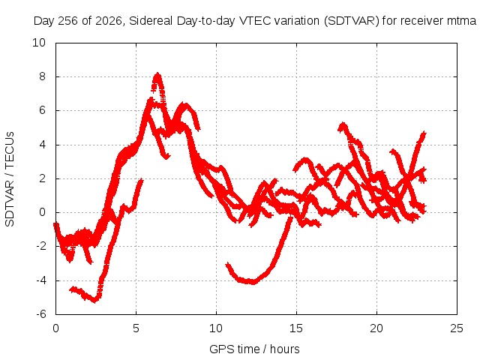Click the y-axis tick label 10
(39, 43)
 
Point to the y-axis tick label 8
(42, 76)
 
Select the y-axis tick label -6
(41, 314)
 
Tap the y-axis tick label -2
(41, 246)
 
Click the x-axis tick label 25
(457, 328)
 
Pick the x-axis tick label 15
(296, 328)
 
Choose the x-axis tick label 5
(136, 328)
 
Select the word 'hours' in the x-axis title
(285, 349)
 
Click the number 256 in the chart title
(68, 21)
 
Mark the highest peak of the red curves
(157, 74)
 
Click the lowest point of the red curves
(94, 301)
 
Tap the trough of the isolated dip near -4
(252, 283)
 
